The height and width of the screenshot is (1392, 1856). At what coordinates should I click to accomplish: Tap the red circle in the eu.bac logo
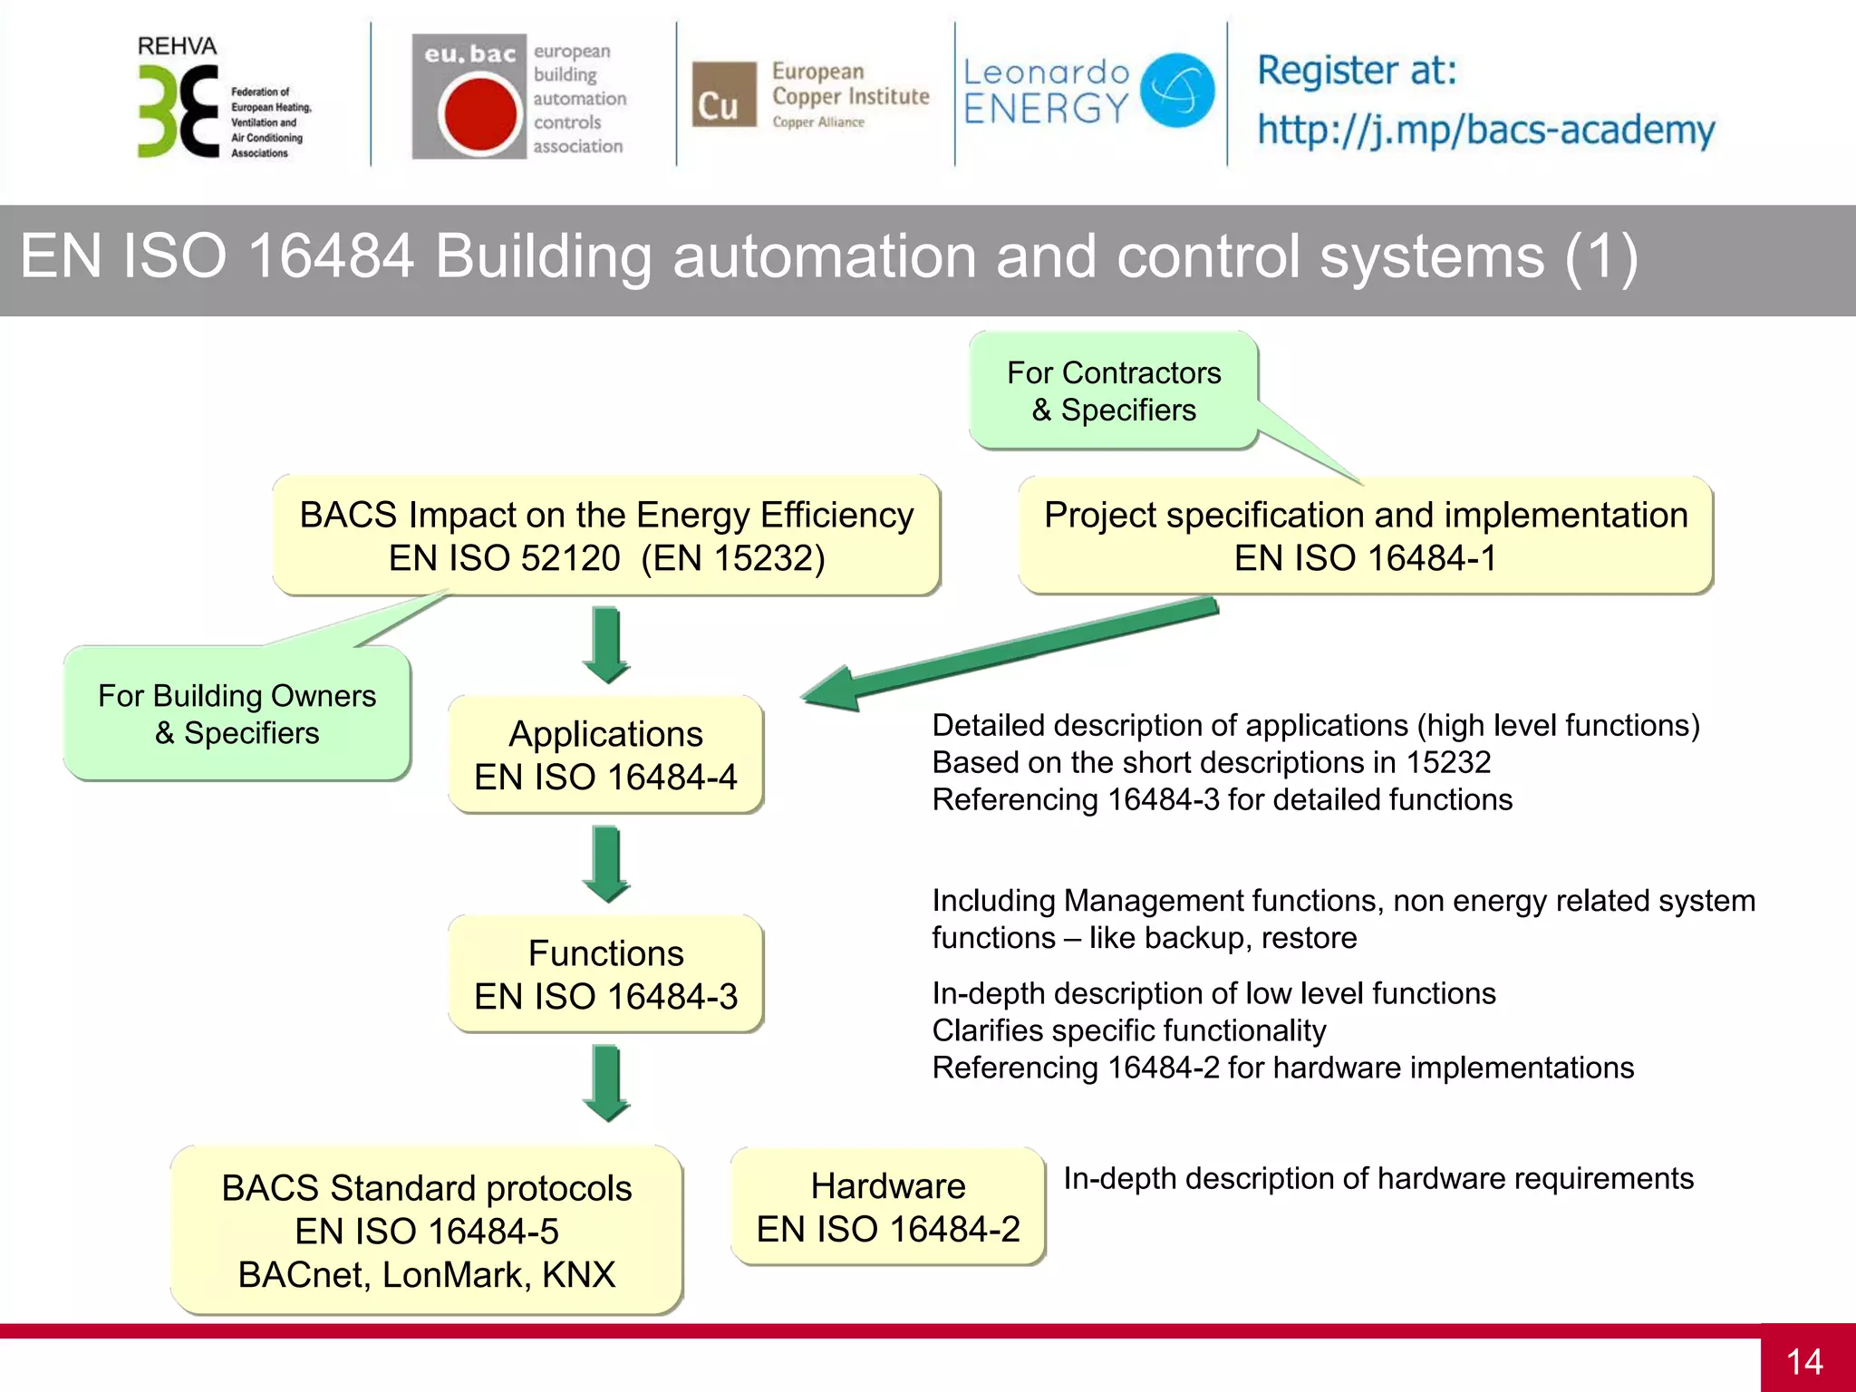478,114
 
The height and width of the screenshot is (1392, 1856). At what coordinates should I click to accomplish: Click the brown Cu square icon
723,94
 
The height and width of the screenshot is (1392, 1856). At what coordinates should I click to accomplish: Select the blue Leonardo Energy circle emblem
1176,90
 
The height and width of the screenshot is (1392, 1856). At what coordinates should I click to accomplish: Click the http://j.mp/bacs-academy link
1485,130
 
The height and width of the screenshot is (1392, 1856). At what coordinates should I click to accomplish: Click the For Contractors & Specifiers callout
1113,391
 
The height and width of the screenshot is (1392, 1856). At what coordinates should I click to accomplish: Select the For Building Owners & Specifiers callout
237,714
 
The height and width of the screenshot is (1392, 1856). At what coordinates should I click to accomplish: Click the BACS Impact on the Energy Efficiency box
606,536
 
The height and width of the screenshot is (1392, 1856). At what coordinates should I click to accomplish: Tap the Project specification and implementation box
1365,536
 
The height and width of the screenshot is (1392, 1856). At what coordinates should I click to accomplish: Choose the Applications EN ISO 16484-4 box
605,755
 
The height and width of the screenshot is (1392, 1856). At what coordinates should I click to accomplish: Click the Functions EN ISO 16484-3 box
605,974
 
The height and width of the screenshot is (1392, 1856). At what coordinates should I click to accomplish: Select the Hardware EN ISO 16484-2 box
887,1206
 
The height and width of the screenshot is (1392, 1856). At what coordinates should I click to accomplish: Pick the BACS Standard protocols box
426,1230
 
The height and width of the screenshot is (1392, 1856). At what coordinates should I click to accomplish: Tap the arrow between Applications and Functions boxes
606,864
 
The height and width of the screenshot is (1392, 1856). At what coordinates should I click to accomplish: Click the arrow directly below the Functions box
606,1083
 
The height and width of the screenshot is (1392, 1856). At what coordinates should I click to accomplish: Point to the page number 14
1803,1361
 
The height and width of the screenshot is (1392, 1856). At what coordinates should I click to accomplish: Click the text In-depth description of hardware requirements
1377,1178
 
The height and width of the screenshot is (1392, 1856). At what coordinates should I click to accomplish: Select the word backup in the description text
1191,938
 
